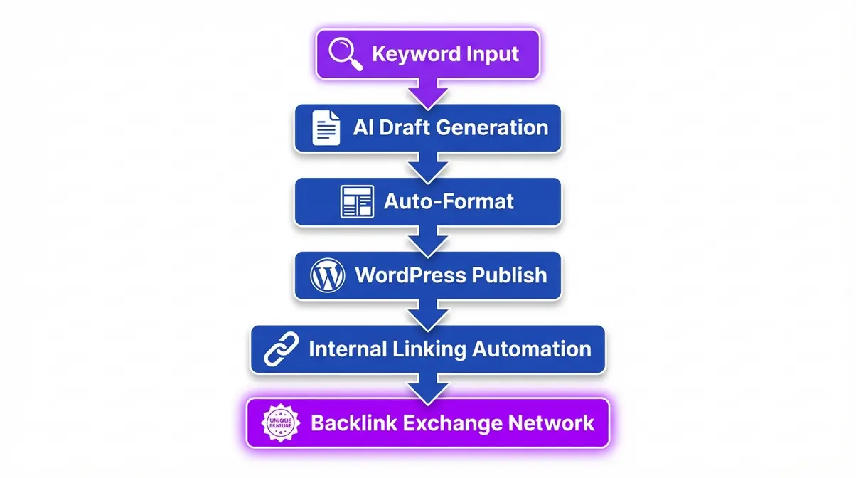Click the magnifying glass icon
(x=345, y=54)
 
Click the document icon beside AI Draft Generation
(x=326, y=129)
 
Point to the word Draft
(x=404, y=128)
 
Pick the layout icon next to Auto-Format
(x=357, y=202)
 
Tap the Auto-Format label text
(x=449, y=201)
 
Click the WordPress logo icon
(x=328, y=275)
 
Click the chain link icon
(x=280, y=349)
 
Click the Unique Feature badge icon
(x=279, y=423)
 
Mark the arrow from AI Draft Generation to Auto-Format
(x=428, y=166)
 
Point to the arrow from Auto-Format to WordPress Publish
(x=428, y=240)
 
